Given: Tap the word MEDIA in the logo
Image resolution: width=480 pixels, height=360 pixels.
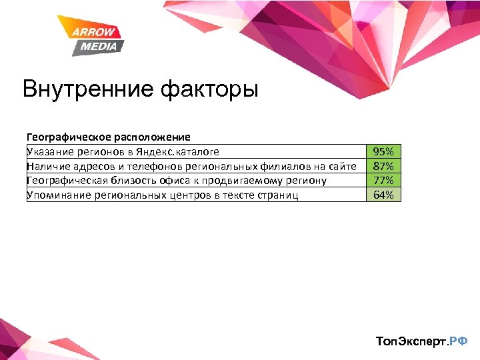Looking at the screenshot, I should pos(99,46).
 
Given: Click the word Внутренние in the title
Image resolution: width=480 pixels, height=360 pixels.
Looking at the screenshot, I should pos(87,89).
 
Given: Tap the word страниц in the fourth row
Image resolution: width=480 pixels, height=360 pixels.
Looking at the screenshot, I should pos(277,195).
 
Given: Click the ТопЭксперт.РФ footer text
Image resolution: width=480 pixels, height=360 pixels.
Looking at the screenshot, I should pos(421,341).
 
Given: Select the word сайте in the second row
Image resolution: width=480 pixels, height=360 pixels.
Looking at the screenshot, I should pos(343,166).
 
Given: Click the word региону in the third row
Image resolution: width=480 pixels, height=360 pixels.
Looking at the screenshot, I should pos(307,181).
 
